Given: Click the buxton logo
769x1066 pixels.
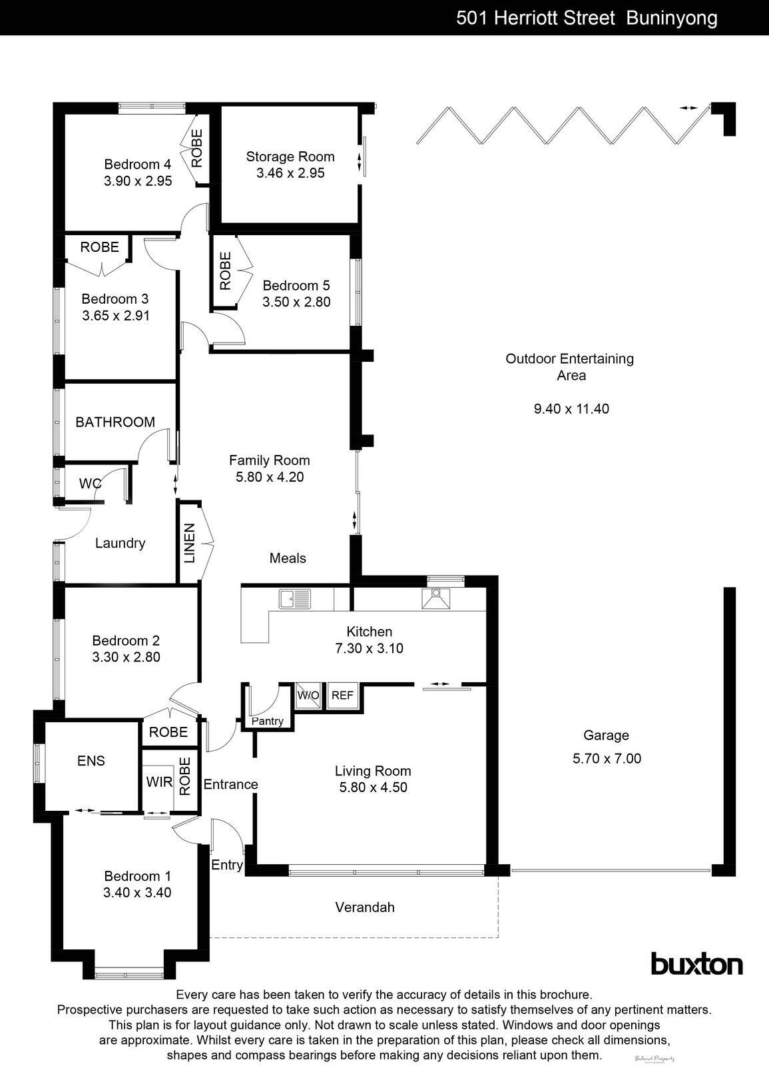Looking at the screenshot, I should (x=696, y=964).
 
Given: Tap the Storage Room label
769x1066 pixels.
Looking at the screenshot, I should (x=290, y=157).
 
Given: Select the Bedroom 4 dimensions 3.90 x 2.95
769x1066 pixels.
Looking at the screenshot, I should (x=138, y=181).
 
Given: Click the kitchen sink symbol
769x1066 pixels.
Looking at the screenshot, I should (x=295, y=598).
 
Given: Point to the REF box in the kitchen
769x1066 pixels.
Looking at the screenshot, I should (x=342, y=696).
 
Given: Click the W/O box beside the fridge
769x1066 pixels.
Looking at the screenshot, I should (x=308, y=696).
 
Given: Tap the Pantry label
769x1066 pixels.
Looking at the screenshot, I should (x=268, y=721).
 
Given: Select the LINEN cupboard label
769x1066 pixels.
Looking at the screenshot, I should (x=190, y=543).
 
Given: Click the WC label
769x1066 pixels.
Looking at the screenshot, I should (x=90, y=483).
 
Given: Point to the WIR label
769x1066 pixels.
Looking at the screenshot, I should (x=159, y=782).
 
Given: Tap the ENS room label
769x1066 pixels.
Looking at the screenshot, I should (x=91, y=761).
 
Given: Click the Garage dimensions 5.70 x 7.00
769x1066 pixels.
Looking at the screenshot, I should (x=607, y=758).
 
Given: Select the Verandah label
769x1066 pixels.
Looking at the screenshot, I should (x=365, y=907).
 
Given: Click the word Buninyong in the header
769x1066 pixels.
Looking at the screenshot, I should (x=672, y=18).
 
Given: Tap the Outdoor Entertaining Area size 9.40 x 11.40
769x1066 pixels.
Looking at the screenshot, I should (x=571, y=408).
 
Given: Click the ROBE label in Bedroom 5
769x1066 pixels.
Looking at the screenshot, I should (x=225, y=270).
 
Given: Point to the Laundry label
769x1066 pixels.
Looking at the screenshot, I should (x=120, y=543).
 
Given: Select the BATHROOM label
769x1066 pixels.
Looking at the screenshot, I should (x=115, y=422).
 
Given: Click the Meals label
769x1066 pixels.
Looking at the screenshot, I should (x=288, y=558).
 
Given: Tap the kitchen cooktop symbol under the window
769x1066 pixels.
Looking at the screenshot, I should (x=436, y=598).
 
